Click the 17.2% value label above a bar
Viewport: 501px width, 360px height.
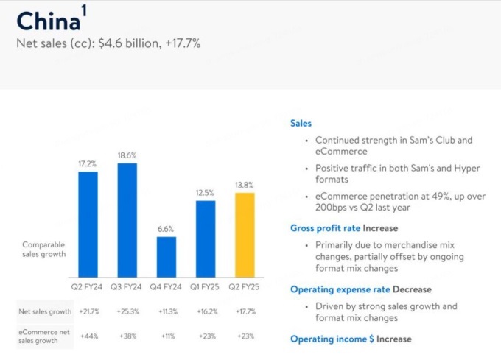(88, 163)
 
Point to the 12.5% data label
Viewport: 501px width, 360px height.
(206, 193)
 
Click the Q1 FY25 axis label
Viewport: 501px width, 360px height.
(206, 286)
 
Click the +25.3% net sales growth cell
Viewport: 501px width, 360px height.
(127, 312)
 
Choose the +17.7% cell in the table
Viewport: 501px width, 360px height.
(245, 312)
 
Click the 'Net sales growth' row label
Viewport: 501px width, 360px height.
(43, 312)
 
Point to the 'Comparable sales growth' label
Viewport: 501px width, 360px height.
(44, 249)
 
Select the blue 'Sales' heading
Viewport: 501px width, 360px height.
(301, 124)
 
